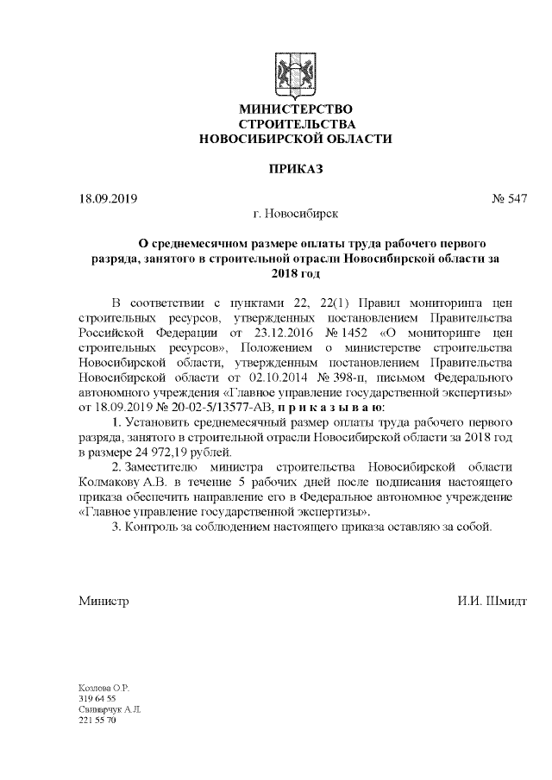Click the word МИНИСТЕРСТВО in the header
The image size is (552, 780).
295,109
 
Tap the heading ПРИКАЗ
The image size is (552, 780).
295,168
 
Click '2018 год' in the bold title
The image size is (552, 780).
295,273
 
